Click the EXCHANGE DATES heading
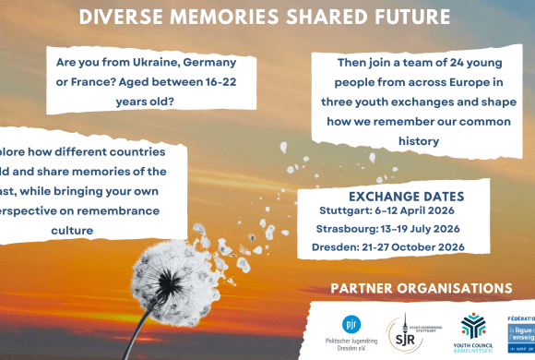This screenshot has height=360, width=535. pos(406,197)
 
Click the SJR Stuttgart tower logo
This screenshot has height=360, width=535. pos(406,329)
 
